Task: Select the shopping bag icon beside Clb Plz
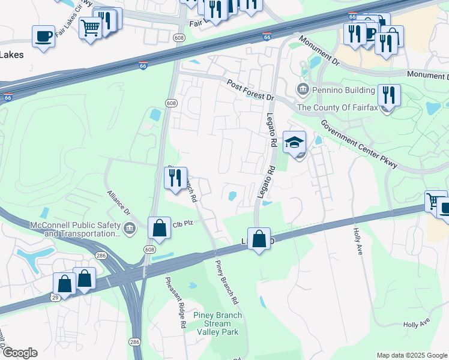click(159, 229)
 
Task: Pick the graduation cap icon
click(294, 143)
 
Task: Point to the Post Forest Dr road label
click(250, 89)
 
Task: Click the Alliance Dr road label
click(118, 203)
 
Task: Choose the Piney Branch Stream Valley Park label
click(217, 323)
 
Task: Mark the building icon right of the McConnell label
click(129, 229)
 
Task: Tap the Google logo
click(19, 353)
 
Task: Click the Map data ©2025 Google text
click(412, 355)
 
